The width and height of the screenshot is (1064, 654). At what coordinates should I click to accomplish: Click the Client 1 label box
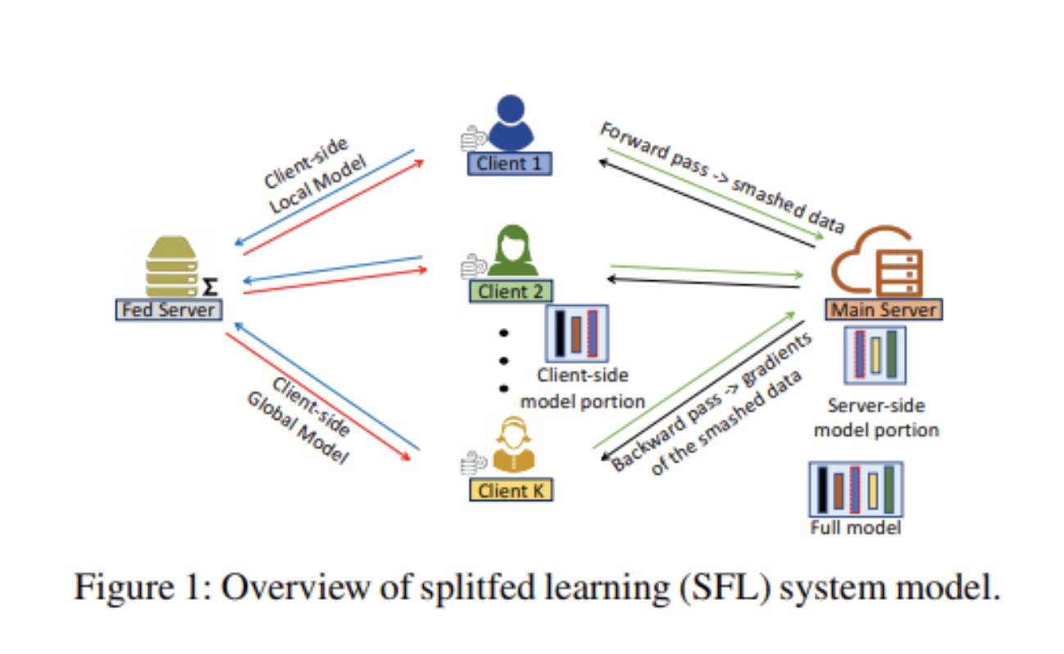(509, 163)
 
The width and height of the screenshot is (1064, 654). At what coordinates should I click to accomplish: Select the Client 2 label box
(509, 291)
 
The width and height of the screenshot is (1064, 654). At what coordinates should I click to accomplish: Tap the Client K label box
(511, 490)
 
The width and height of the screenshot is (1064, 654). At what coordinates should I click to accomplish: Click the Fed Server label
(168, 310)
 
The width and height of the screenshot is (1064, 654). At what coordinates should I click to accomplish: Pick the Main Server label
(884, 311)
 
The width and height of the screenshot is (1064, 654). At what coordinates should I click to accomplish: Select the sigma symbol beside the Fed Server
(211, 288)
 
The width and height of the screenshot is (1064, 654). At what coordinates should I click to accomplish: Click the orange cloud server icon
(877, 262)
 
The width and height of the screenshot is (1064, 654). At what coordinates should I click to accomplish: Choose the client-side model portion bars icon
(577, 332)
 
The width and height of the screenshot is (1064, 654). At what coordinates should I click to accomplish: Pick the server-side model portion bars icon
(875, 355)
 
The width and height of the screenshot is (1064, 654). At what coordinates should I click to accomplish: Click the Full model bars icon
(855, 489)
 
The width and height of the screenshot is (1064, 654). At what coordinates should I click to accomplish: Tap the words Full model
(855, 527)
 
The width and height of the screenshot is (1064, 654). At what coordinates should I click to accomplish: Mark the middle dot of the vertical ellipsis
(504, 360)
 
